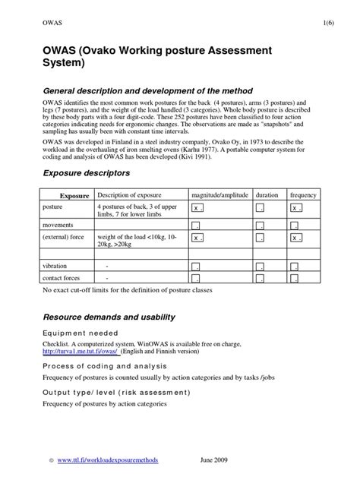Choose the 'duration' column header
(267, 194)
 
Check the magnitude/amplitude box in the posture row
(197, 208)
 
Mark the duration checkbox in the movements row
(260, 226)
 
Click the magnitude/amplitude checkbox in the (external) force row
(197, 238)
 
